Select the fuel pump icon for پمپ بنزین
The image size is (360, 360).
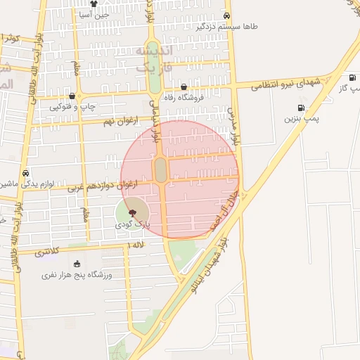pyautogui.click(x=301, y=108)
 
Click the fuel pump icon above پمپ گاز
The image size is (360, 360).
pyautogui.click(x=352, y=78)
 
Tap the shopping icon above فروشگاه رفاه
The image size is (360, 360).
pyautogui.click(x=184, y=87)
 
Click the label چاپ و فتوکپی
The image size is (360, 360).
pyautogui.click(x=72, y=107)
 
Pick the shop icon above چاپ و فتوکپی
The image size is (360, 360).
pyautogui.click(x=72, y=96)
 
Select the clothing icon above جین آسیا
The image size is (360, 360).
pyautogui.click(x=94, y=4)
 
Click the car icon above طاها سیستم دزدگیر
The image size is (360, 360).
pyautogui.click(x=226, y=15)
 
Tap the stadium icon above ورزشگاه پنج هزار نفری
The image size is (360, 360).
pyautogui.click(x=77, y=264)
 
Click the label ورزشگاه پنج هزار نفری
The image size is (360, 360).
pyautogui.click(x=77, y=274)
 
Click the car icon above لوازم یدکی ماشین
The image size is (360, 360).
pyautogui.click(x=26, y=173)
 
